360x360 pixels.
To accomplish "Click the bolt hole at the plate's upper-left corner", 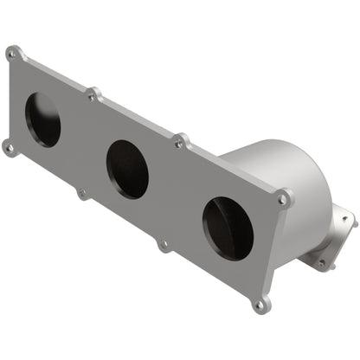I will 12,53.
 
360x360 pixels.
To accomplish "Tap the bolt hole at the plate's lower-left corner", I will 9,147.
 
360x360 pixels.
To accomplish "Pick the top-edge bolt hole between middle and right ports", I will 181,139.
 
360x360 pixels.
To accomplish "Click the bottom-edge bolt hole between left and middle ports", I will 83,193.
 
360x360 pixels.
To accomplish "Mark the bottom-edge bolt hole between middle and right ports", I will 164,245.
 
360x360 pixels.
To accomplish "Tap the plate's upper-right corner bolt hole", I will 283,198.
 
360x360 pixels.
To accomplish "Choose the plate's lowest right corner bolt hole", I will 260,305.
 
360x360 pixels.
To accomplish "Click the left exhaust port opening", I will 43,119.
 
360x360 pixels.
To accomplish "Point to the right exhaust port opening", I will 228,228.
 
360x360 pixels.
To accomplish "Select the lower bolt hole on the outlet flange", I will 321,261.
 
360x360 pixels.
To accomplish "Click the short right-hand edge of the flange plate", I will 275,251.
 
